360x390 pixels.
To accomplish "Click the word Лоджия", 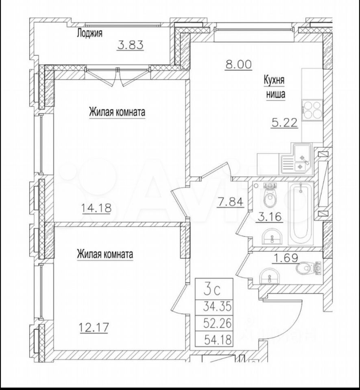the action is pos(89,33).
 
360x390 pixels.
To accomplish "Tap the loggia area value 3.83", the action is pos(130,45).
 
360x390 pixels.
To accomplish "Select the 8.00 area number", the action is pos(239,65).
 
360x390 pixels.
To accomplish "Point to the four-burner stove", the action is pos(312,110).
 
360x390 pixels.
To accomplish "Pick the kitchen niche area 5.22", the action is pos(284,122).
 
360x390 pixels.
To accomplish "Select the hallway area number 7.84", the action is pos(230,202).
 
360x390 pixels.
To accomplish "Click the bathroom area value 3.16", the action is pos(270,217).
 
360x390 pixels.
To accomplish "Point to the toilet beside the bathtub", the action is pos(270,196).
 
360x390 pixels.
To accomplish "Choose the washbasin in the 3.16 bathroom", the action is pos(272,237).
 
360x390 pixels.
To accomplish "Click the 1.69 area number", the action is pos(286,258).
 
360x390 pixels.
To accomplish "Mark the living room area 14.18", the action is pos(96,208).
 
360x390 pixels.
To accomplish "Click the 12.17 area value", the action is pos(93,327).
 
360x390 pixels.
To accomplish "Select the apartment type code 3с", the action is pos(212,290).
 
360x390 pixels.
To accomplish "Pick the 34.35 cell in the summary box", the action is pos(217,306).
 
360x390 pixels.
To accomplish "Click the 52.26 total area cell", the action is pos(217,323).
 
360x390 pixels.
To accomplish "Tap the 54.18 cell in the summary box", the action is pos(218,340).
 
